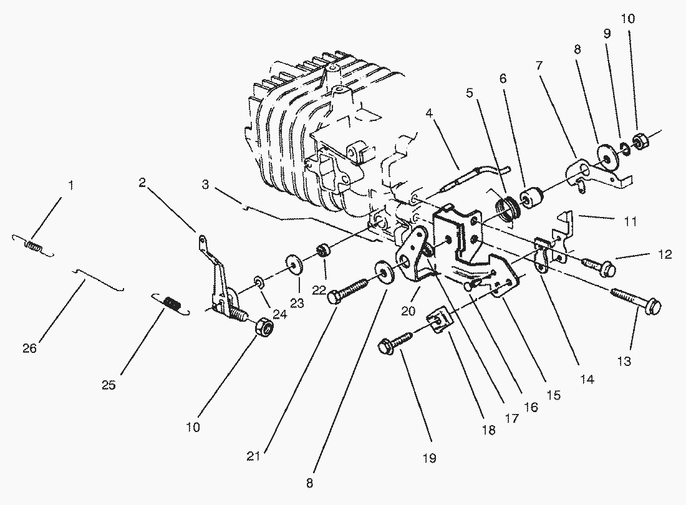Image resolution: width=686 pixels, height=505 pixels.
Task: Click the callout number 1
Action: point(70,185)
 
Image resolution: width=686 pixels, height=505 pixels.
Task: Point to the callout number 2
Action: point(142,183)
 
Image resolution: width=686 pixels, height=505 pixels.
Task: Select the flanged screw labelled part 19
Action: point(394,342)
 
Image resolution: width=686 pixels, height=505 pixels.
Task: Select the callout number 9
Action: point(606,35)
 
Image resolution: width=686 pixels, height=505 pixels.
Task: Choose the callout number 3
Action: point(205,185)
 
